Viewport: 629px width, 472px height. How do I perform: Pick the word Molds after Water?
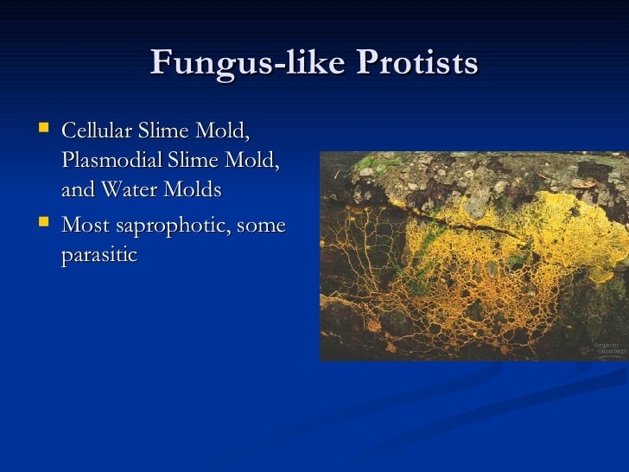(191, 189)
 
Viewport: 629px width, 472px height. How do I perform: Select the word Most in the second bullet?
(83, 226)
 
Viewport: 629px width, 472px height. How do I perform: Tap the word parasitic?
(99, 256)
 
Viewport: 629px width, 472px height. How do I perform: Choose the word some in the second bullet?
(258, 226)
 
